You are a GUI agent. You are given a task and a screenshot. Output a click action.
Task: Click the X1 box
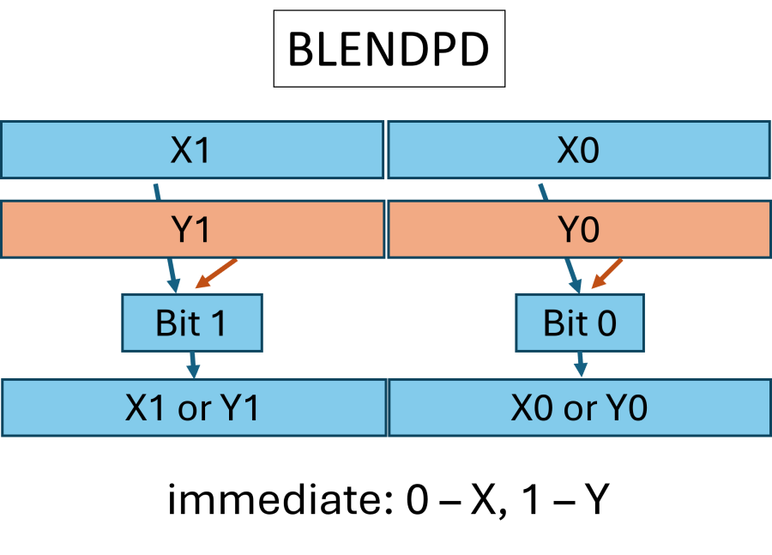pyautogui.click(x=191, y=150)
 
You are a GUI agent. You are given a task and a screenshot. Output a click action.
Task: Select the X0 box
pyautogui.click(x=578, y=150)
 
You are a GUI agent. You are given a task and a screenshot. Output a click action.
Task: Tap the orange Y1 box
pyautogui.click(x=191, y=230)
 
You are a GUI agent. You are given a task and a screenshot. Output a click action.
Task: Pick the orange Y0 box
pyautogui.click(x=578, y=230)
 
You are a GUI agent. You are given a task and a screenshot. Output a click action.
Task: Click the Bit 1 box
pyautogui.click(x=191, y=323)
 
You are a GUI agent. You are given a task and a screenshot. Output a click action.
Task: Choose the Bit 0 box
pyautogui.click(x=579, y=323)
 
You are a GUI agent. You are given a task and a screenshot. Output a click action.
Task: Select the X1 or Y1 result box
pyautogui.click(x=193, y=408)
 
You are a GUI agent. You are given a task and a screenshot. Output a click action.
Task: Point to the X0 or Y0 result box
pyautogui.click(x=579, y=408)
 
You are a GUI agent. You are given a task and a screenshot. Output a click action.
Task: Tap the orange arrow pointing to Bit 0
pyautogui.click(x=607, y=274)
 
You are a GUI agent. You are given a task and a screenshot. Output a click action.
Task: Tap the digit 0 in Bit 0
pyautogui.click(x=606, y=323)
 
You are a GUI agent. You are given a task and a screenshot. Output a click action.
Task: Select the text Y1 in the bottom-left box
pyautogui.click(x=240, y=408)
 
